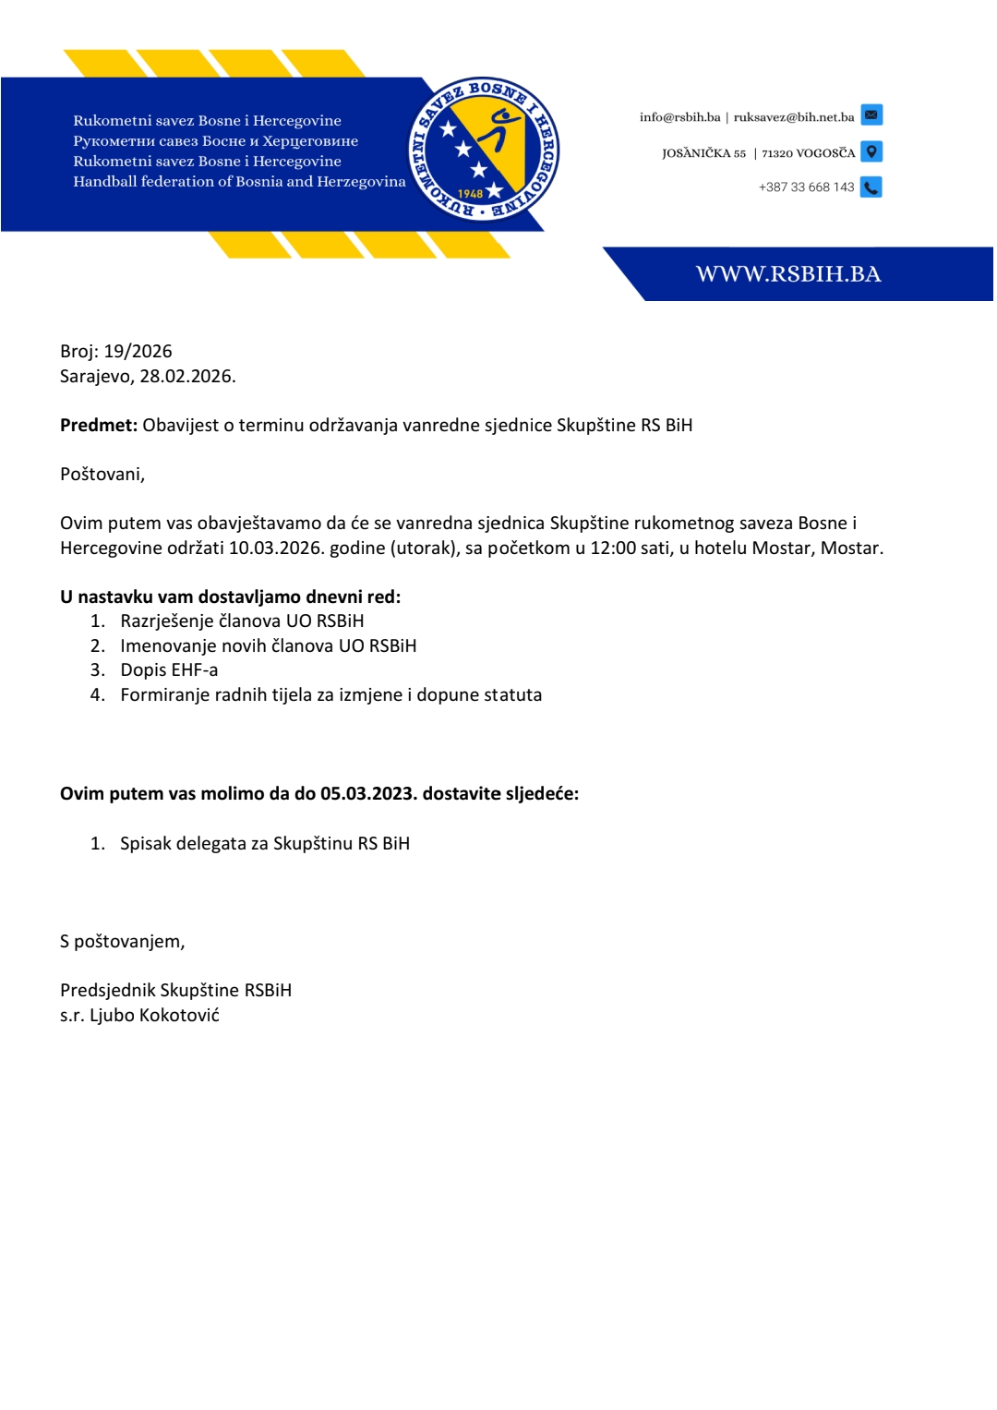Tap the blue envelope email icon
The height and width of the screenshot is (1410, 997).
click(x=871, y=115)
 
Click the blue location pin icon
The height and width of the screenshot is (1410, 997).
click(x=871, y=151)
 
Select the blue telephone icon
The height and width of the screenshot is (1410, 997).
click(x=871, y=187)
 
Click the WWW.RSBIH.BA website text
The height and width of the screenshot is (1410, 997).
click(x=788, y=274)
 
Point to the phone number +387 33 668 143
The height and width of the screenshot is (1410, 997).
click(x=806, y=187)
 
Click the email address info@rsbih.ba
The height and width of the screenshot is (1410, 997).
click(x=679, y=117)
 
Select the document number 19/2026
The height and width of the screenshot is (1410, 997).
click(x=138, y=351)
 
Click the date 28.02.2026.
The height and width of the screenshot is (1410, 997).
click(x=187, y=376)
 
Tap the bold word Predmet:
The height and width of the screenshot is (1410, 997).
click(x=99, y=425)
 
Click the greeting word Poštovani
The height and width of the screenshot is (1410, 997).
click(x=102, y=475)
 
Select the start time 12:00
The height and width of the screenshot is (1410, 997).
click(x=614, y=548)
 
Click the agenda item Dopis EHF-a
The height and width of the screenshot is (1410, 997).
click(x=169, y=670)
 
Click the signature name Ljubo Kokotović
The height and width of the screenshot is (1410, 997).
click(x=154, y=1016)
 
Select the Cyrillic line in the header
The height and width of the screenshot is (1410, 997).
click(x=215, y=141)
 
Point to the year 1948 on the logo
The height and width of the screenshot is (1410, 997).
click(x=471, y=194)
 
